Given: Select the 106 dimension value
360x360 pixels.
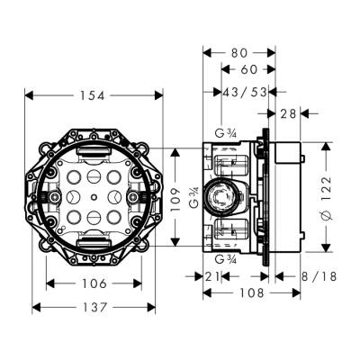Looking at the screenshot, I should point(94,283).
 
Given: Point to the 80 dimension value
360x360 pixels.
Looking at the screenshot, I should point(238,52).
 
